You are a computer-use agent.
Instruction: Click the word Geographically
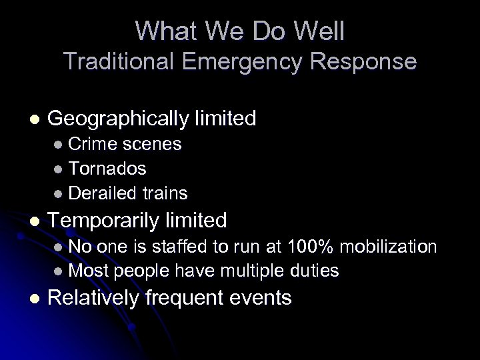pyautogui.click(x=115, y=119)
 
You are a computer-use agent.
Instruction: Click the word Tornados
pyautogui.click(x=107, y=169)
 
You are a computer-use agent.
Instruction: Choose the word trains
pyautogui.click(x=165, y=193)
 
